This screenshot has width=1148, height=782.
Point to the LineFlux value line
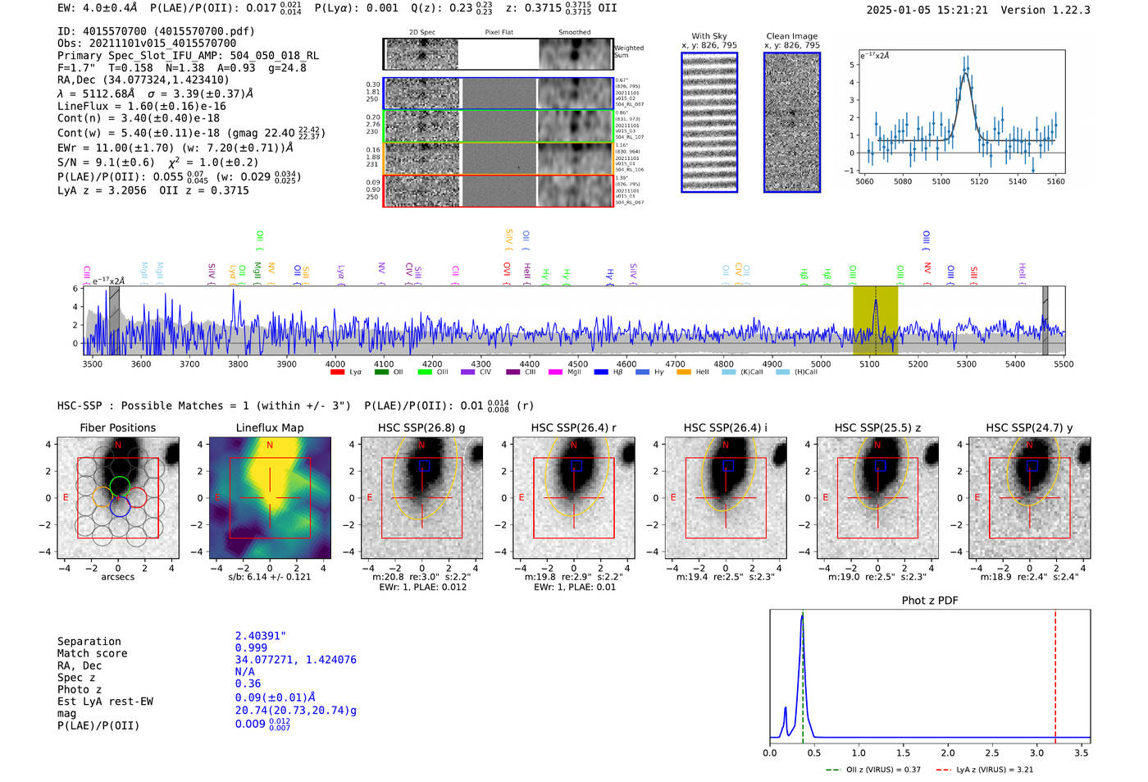click(x=141, y=106)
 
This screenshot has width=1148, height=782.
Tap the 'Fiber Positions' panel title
click(x=117, y=428)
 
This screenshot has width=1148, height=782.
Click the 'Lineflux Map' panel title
click(x=269, y=428)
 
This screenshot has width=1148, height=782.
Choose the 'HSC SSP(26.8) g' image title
click(x=421, y=428)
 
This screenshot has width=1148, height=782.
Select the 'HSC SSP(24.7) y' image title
click(x=1029, y=428)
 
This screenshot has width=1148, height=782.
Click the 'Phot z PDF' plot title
click(x=930, y=601)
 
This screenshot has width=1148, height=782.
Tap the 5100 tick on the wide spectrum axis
click(x=869, y=364)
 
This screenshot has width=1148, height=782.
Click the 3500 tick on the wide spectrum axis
click(x=92, y=364)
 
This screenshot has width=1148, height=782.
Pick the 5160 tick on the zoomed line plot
click(x=1055, y=181)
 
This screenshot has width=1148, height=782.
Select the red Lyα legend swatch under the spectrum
click(x=337, y=373)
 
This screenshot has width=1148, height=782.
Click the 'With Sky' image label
click(x=709, y=36)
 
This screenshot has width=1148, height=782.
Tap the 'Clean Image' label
click(x=791, y=36)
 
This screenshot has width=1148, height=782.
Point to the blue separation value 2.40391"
click(x=261, y=636)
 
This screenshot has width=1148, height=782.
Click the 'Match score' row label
click(x=92, y=654)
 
